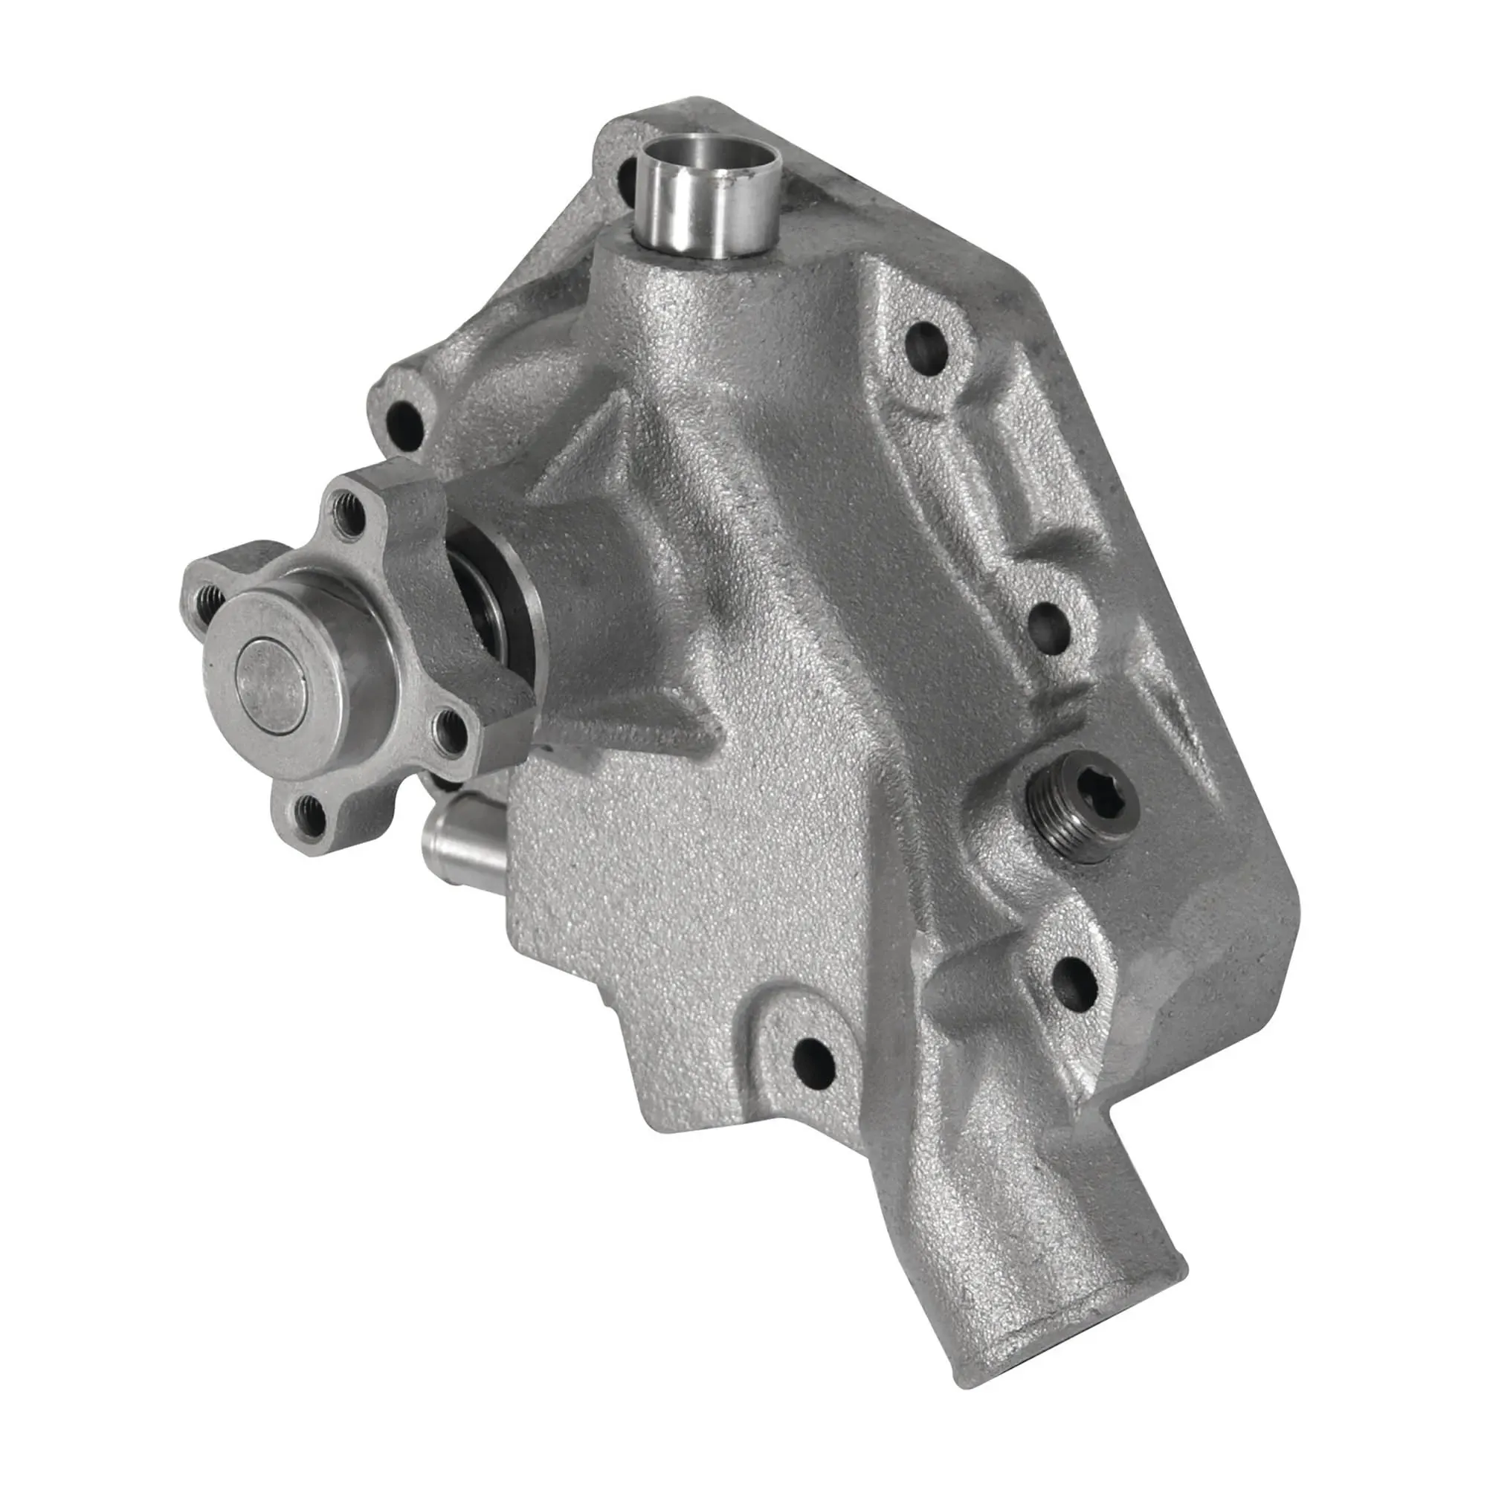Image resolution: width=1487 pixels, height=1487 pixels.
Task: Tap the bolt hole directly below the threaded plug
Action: (1074, 981)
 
